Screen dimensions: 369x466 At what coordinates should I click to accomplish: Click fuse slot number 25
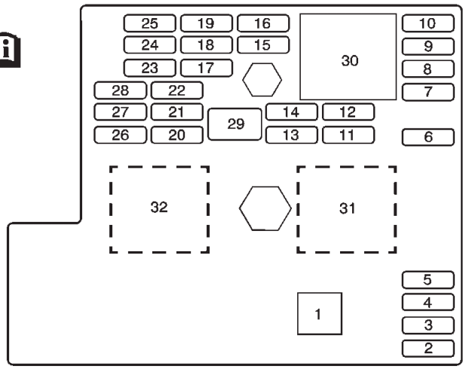149,23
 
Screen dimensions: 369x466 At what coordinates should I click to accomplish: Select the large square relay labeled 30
348,57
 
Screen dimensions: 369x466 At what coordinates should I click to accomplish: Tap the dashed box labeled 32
158,208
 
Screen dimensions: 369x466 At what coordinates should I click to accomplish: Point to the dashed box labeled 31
346,208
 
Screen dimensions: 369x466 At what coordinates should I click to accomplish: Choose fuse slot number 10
428,23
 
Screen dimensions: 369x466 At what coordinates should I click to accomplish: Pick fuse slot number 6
428,137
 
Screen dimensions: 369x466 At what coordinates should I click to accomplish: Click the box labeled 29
235,125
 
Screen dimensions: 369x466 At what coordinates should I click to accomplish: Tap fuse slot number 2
428,348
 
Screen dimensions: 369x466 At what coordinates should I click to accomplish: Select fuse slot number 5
428,280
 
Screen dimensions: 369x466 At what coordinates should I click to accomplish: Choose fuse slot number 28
121,91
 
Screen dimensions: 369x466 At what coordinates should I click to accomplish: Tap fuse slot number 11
348,136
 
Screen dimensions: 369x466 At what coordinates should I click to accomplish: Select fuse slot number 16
262,23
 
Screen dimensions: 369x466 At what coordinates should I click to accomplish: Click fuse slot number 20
176,136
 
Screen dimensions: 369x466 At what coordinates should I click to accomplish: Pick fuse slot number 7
428,92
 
